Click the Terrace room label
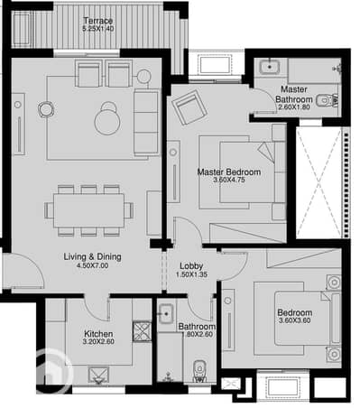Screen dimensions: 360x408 pos(98,21)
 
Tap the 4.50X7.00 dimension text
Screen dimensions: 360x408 pos(93,265)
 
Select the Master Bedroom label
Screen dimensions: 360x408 pos(229,172)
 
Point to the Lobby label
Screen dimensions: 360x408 pos(191,266)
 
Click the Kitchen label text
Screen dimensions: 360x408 pos(98,334)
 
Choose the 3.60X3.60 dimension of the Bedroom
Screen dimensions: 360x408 pos(295,320)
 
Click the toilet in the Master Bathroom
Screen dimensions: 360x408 pos(328,100)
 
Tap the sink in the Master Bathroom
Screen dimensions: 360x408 pos(270,67)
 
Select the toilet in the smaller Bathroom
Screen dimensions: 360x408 pos(198,371)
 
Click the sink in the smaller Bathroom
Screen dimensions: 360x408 pos(166,314)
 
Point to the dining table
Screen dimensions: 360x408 pos(88,210)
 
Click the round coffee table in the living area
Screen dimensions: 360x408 pos(107,122)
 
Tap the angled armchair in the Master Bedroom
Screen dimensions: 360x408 pos(189,107)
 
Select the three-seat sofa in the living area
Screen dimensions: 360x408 pos(146,123)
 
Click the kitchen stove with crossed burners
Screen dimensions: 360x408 pos(142,331)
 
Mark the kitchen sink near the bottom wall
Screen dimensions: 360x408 pos(98,376)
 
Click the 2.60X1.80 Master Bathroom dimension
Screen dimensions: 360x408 pos(294,107)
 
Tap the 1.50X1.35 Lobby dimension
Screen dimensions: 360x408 pos(191,274)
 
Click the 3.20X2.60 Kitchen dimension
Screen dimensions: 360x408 pos(98,341)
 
